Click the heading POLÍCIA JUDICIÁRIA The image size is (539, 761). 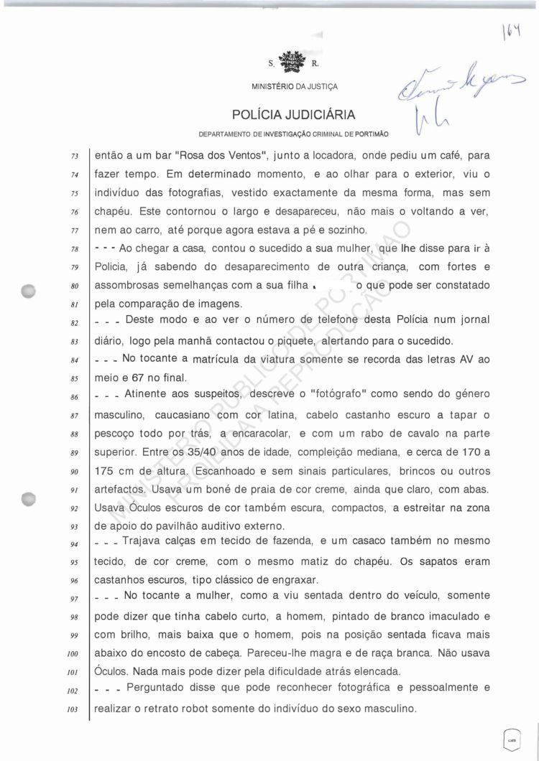(294, 115)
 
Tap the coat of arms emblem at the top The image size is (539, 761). (293, 61)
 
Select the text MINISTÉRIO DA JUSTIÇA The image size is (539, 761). (294, 87)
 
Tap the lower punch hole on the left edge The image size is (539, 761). (29, 498)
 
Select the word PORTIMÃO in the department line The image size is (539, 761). (369, 134)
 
